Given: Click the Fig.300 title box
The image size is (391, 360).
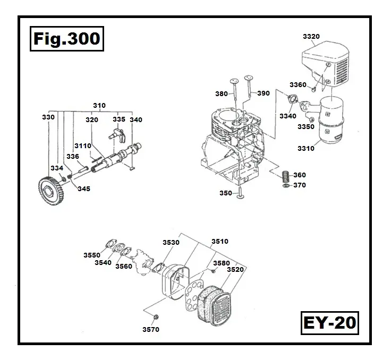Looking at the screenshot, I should point(65,39).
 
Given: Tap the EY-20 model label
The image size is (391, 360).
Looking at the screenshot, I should point(330,323).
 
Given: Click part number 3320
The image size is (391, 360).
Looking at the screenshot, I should point(311,36).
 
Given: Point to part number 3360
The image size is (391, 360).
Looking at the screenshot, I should point(298,85).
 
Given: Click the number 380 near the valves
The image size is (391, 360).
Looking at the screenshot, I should point(222,93).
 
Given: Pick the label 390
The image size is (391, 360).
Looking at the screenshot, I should point(263,93).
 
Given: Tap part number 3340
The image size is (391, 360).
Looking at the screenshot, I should point(287,116).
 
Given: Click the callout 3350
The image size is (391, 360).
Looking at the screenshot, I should point(306,127).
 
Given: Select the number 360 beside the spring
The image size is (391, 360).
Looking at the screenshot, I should point(300,175).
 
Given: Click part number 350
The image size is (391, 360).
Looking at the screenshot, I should point(226,193).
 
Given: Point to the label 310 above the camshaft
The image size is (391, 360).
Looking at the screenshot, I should point(99,106).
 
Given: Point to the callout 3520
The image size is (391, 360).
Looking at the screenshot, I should point(234,270).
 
